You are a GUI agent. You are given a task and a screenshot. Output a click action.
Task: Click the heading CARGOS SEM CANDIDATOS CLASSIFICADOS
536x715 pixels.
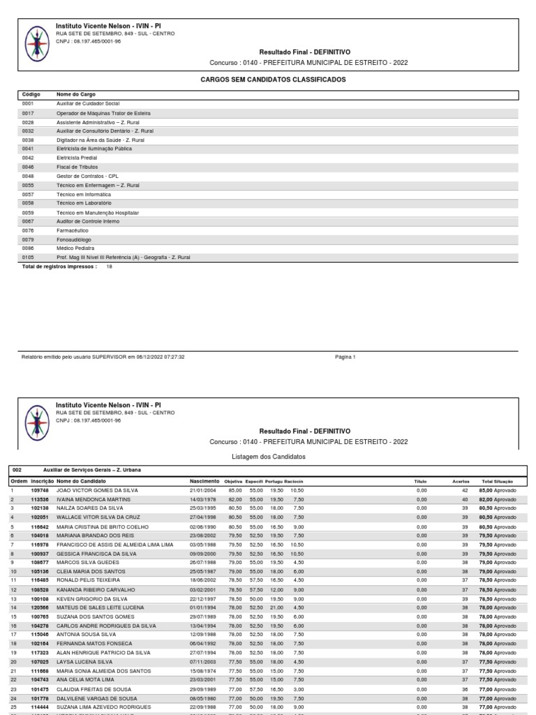point(273,80)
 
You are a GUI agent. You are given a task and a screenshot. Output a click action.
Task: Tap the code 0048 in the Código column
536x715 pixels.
point(28,176)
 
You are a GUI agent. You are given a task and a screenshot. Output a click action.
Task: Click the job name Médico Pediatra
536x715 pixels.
point(76,248)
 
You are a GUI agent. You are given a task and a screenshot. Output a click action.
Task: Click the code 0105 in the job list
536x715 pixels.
point(28,257)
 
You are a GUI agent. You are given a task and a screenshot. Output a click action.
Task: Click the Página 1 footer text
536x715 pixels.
point(345,357)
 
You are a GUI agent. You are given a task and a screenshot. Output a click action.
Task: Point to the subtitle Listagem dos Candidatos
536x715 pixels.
point(268,457)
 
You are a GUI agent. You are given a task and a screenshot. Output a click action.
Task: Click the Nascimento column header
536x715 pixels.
point(204,481)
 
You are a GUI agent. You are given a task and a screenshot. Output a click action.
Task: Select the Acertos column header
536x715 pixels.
point(461,481)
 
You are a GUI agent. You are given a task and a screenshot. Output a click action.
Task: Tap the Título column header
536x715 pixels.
point(420,481)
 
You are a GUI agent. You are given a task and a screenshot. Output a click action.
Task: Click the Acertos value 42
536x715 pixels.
point(465,491)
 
